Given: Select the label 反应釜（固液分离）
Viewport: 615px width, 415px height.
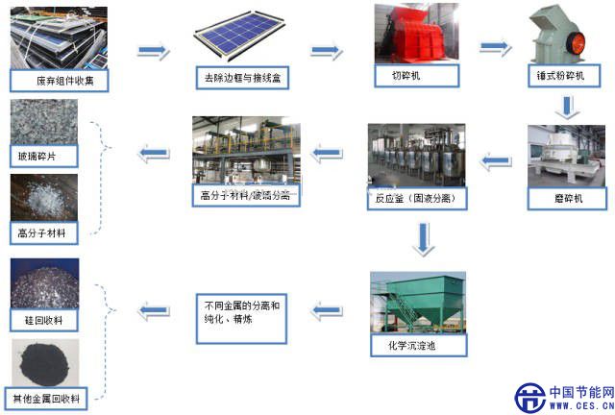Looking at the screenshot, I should click(x=416, y=200).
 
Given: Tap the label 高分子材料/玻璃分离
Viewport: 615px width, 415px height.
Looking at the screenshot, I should click(x=248, y=196).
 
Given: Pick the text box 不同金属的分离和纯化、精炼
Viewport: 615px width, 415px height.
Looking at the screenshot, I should click(x=241, y=314).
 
